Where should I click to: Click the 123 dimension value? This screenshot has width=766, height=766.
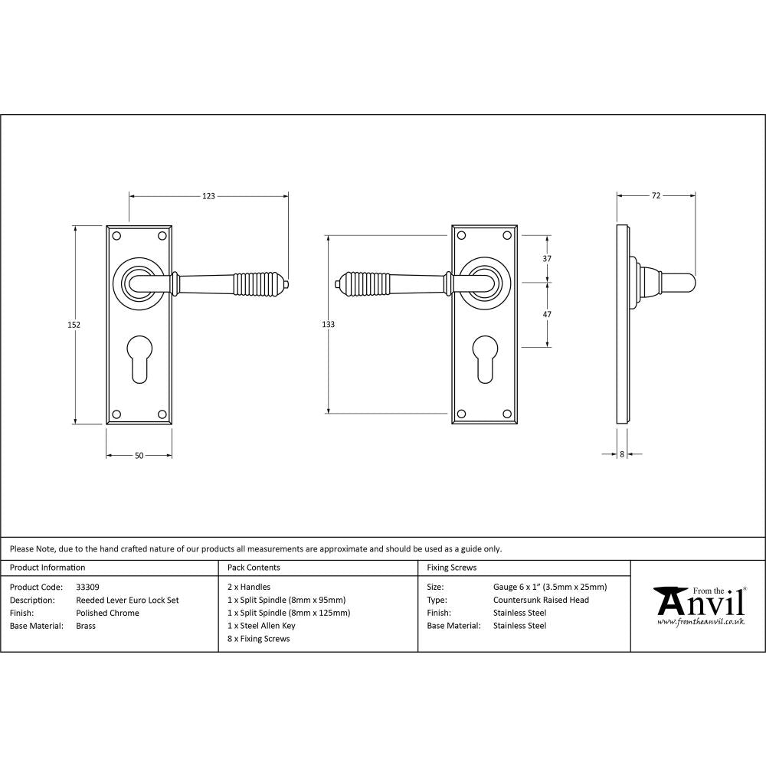[x=208, y=196]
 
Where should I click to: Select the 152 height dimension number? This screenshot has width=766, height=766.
[x=74, y=325]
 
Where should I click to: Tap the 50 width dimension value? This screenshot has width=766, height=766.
[x=139, y=456]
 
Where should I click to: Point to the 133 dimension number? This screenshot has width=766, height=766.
[x=328, y=325]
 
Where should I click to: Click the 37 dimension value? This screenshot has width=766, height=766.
[x=547, y=259]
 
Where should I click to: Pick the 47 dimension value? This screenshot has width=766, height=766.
[x=547, y=315]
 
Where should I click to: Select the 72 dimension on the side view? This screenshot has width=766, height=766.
[x=656, y=196]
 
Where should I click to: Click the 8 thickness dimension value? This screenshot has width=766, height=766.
[x=622, y=454]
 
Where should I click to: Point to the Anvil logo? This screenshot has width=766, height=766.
[x=699, y=605]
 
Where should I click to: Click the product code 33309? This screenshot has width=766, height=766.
[x=87, y=588]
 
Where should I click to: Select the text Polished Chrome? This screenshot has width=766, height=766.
[x=108, y=613]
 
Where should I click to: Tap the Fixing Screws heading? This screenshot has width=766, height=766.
[x=451, y=568]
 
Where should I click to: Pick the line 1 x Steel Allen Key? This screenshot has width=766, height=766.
[x=261, y=626]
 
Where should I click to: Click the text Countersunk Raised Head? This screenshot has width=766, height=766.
[x=541, y=601]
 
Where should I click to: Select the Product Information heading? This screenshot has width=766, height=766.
[x=47, y=568]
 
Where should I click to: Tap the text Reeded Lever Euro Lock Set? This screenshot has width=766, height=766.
[x=127, y=601]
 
